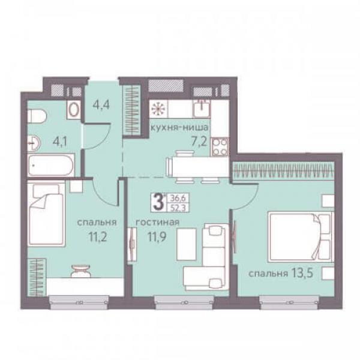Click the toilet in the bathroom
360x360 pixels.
37,116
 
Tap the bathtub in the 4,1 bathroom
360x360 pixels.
51,165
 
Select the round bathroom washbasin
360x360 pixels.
34,143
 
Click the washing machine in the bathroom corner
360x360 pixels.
74,110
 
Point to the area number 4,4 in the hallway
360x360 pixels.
101,104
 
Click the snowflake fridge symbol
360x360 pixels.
158,109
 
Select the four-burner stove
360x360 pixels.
220,146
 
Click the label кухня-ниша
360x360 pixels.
179,127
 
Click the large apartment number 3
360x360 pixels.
158,202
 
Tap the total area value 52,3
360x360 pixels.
178,208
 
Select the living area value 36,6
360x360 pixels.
178,197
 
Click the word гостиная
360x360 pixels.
157,222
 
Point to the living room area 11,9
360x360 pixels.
157,237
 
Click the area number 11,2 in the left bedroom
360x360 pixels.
98,237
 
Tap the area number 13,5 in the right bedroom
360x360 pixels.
302,273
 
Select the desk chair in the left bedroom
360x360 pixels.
81,271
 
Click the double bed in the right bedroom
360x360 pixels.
301,237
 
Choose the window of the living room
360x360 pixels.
184,302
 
